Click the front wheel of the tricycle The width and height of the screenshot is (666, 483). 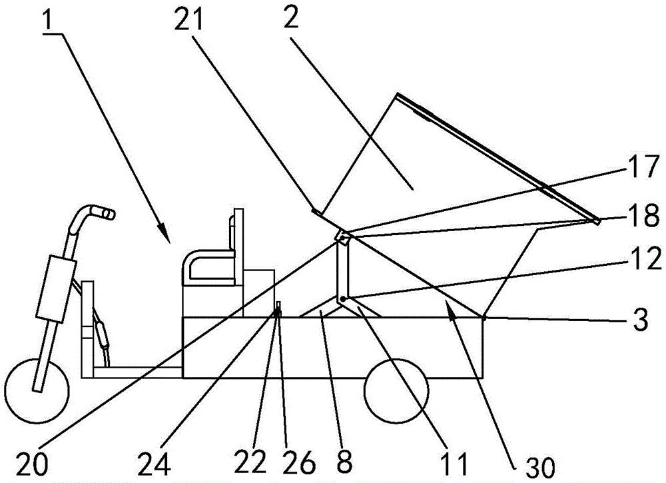[x=37, y=391]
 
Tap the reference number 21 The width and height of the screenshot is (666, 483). [x=188, y=18]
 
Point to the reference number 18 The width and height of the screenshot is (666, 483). [x=645, y=216]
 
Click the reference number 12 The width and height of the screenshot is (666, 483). [x=645, y=258]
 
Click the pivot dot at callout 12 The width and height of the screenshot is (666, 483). [x=342, y=300]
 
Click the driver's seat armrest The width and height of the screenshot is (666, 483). [x=207, y=255]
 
